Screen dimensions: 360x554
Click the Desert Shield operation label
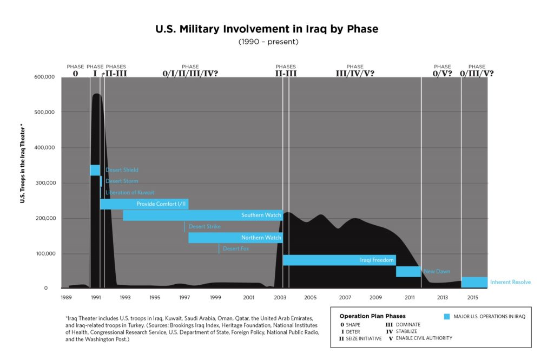[122, 170]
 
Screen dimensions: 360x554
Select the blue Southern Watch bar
[202, 215]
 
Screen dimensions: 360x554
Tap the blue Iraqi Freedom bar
[339, 260]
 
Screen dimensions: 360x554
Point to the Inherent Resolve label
[510, 282]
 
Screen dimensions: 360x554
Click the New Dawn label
[437, 271]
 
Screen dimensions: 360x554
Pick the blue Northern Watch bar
[235, 238]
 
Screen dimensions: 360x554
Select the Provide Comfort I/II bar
[144, 204]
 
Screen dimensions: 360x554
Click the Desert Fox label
[235, 248]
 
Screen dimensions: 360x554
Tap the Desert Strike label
[205, 226]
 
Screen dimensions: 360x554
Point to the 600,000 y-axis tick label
[44, 77]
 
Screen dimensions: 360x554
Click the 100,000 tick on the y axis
[44, 253]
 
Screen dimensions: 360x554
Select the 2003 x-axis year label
[280, 298]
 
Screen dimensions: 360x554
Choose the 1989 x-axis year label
[66, 298]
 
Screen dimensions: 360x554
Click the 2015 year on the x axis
[472, 298]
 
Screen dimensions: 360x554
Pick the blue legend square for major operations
[447, 316]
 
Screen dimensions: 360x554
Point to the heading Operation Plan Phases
[372, 316]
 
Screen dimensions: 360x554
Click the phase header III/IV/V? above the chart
[354, 73]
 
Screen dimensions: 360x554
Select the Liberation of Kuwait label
[130, 192]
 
